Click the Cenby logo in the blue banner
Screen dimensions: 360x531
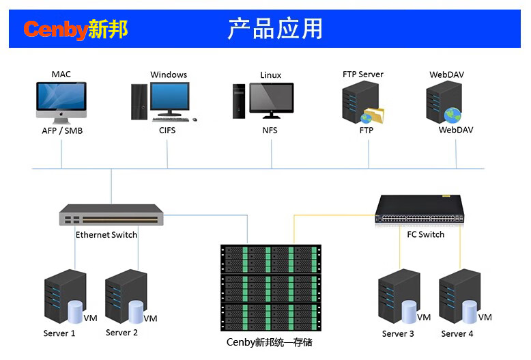[76, 29]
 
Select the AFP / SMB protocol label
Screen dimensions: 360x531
[61, 130]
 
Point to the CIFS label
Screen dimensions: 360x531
[167, 130]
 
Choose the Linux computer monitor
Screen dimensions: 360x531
[271, 100]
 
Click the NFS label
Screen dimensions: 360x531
[270, 130]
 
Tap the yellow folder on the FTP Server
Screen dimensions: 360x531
[373, 114]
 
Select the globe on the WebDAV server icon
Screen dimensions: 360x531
[452, 115]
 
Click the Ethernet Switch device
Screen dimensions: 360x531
[111, 215]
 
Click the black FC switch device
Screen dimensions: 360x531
[420, 210]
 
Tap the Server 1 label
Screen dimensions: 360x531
[59, 333]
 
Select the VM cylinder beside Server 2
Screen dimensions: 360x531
[136, 311]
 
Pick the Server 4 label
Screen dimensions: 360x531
[457, 333]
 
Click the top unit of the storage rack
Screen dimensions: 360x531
[270, 258]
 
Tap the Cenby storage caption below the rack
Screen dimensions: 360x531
[269, 342]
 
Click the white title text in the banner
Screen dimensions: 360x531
[275, 29]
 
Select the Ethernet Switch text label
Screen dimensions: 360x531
[106, 234]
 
